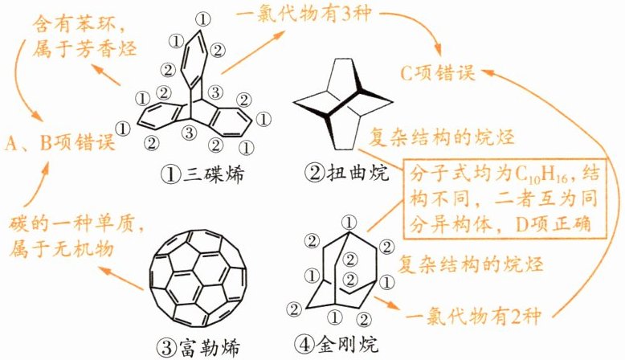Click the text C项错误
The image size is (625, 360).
tap(438, 73)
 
